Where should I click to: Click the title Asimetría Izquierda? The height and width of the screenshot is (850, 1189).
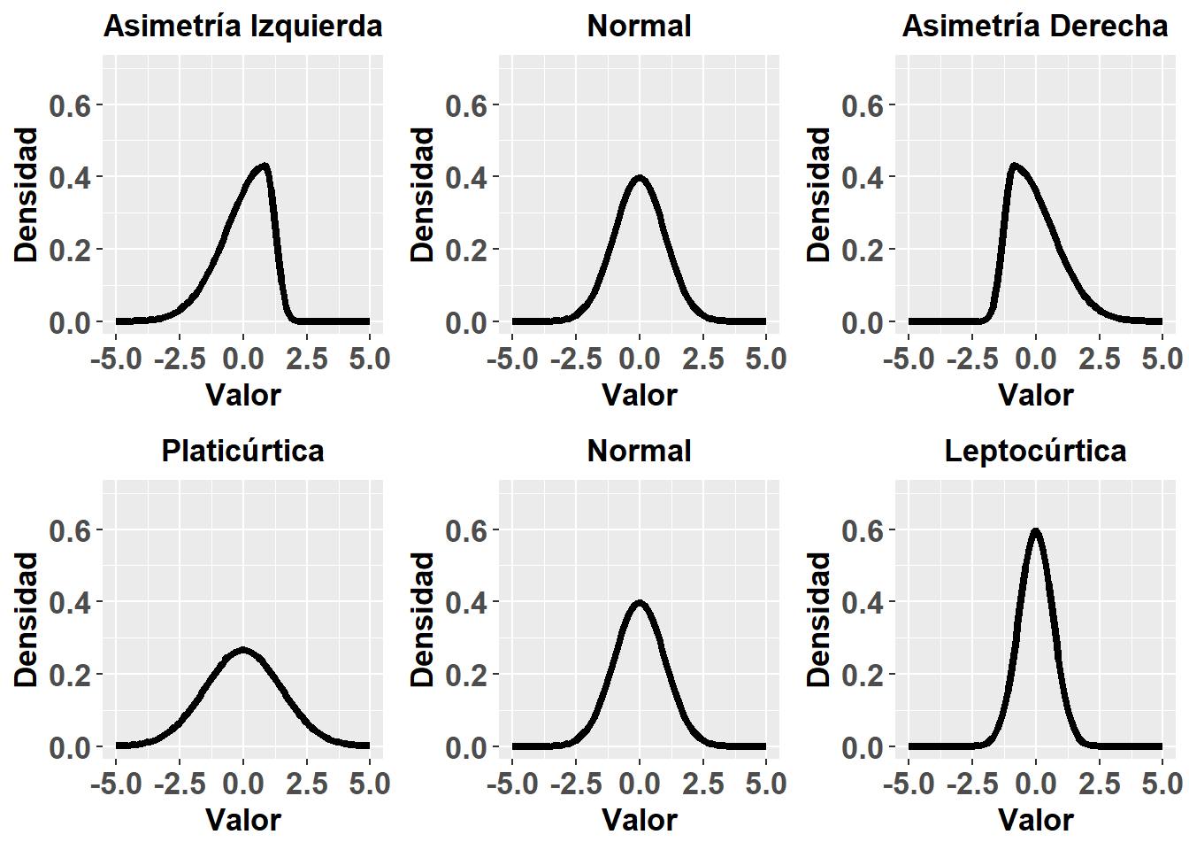(242, 26)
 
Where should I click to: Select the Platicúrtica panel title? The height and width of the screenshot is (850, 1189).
(242, 451)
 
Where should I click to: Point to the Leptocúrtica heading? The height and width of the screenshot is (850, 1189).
(1035, 451)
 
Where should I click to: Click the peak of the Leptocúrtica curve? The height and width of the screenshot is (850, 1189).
(1035, 531)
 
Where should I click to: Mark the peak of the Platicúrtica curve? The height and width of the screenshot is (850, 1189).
(242, 651)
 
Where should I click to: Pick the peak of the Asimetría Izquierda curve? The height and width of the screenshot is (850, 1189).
(264, 166)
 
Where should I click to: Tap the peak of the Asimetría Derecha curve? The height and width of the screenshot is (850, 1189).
(1015, 166)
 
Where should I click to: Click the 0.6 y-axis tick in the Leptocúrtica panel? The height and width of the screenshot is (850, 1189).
(863, 530)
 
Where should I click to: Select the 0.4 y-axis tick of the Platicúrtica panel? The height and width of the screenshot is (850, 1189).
(70, 603)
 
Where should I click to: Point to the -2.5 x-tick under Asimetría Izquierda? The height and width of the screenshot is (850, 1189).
(180, 359)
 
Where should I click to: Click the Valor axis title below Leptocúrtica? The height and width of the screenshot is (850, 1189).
(1035, 819)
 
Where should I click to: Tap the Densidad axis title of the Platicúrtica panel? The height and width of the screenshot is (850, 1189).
(27, 620)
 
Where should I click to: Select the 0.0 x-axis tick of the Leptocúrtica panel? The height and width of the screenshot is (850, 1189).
(1035, 784)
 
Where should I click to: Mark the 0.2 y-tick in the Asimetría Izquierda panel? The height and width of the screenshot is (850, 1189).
(70, 251)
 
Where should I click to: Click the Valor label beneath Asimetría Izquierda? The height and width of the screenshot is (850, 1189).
(242, 394)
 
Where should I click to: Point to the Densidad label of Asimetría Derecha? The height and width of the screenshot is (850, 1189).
(820, 195)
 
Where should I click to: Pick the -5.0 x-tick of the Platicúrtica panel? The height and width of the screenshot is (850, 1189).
(116, 784)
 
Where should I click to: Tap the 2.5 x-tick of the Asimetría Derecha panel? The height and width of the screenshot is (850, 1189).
(1099, 359)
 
